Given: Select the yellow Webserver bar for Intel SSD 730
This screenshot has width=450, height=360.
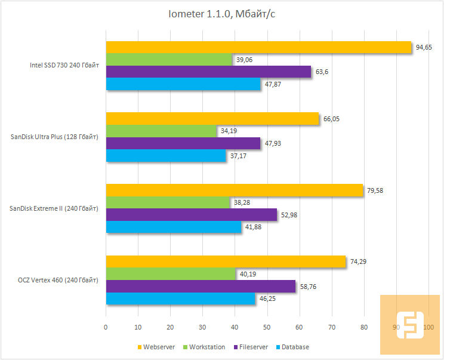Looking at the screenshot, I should point(258,47).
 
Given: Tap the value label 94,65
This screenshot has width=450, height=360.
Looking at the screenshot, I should point(425,47).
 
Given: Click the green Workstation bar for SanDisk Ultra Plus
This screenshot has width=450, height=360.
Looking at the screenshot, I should point(161,131).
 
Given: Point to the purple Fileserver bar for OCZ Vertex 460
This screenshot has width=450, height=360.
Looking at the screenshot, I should point(201,286).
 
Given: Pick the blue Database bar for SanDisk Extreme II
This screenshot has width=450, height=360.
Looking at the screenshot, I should point(173,227).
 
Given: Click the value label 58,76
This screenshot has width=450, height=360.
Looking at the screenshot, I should point(309,286).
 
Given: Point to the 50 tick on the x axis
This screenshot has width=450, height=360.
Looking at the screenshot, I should point(267,327).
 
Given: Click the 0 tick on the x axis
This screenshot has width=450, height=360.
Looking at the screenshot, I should point(106,327).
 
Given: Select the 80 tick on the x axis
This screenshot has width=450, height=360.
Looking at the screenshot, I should point(364,327).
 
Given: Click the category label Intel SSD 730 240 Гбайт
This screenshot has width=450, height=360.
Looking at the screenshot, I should point(64,66).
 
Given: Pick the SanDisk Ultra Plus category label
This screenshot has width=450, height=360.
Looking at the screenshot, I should point(54,137).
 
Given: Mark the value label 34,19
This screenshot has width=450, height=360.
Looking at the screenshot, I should point(229,131).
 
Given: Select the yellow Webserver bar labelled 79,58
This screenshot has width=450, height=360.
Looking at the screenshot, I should point(234,190).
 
